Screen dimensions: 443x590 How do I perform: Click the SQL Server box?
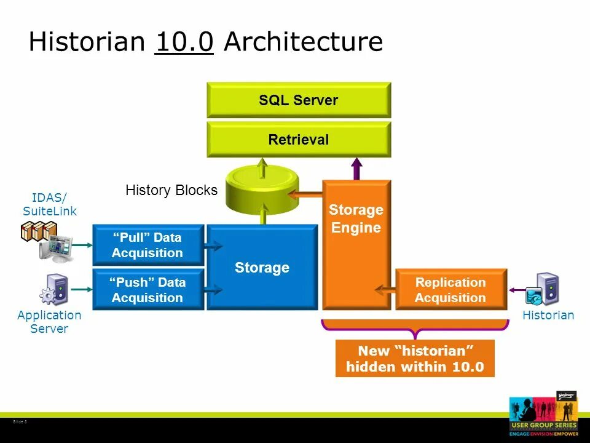pos(299,100)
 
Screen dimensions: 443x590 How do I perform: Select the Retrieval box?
pos(299,140)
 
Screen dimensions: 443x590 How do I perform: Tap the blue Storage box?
pos(262,268)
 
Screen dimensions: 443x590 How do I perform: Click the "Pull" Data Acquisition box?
pos(147,244)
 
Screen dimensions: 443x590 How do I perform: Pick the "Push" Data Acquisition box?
pos(147,290)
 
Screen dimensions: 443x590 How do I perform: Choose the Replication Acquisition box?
pos(450,290)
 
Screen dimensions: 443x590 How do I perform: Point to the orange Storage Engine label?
pos(356,218)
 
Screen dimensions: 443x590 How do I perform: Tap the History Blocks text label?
pos(171,190)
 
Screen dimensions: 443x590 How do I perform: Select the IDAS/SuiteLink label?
pos(50,204)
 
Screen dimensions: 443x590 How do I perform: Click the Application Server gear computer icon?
pos(54,290)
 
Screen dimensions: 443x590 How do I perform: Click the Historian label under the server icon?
pos(548,315)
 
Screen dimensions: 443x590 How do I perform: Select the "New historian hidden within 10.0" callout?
pos(415,359)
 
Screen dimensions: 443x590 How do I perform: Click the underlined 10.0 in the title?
pos(184,42)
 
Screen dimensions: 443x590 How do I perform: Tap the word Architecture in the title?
pos(303,42)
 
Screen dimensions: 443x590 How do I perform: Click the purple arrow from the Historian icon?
pos(516,290)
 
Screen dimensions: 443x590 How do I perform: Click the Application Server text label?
pos(49,322)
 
